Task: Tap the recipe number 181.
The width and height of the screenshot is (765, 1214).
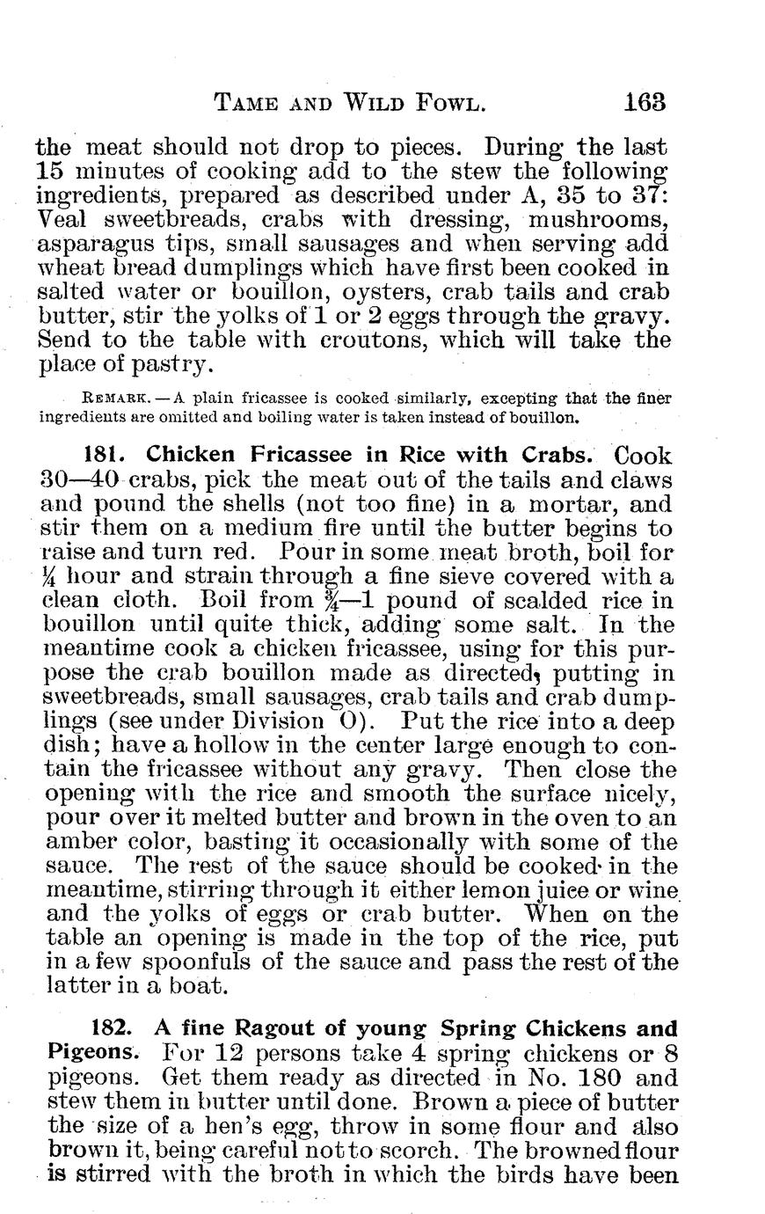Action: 107,456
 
